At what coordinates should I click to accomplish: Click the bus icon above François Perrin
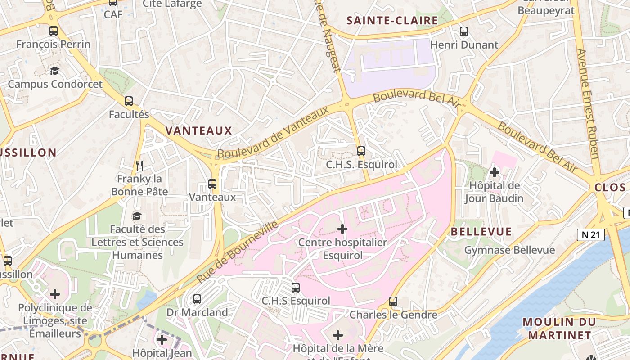(54, 31)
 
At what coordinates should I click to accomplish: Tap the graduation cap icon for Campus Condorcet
(54, 71)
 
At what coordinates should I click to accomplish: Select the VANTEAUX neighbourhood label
(198, 131)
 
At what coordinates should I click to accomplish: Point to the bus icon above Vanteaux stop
(212, 184)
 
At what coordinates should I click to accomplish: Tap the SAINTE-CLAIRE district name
(392, 20)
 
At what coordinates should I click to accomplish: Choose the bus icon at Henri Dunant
(464, 31)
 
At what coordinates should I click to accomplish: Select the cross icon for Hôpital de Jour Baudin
(495, 172)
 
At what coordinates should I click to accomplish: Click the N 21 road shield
(590, 234)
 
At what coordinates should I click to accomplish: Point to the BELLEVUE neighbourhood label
(481, 232)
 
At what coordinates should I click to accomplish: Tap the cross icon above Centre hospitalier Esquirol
(342, 229)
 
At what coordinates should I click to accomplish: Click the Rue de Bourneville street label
(237, 252)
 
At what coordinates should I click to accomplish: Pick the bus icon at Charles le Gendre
(393, 301)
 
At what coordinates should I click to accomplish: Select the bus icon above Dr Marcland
(197, 299)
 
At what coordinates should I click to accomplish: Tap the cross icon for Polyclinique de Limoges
(55, 294)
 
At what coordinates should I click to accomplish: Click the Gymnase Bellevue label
(509, 250)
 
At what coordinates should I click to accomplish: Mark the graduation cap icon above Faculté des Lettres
(137, 216)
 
